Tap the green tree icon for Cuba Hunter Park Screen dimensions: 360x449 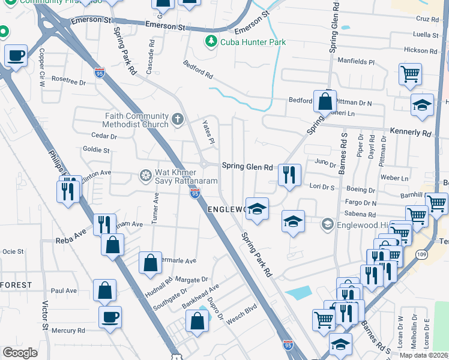coord(211,41)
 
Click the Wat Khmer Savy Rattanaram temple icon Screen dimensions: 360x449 coord(145,176)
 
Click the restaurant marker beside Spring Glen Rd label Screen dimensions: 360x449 coord(289,175)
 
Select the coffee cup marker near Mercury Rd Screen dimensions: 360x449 coord(110,316)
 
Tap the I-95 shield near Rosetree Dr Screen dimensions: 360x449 coord(100,73)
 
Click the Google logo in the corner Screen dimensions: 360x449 coord(20,353)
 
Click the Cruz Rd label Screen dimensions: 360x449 coord(427,19)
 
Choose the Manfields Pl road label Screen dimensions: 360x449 coord(355,62)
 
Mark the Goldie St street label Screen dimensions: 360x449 coord(97,150)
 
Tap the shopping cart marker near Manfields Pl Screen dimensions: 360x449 coord(411,74)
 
